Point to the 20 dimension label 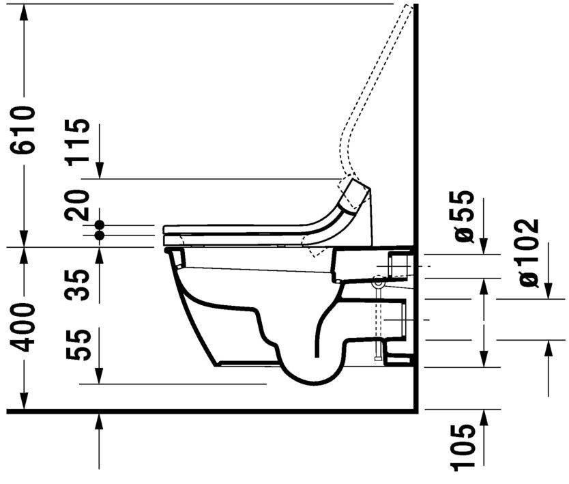click(x=80, y=205)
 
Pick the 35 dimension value click(x=80, y=285)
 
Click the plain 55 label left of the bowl click(x=80, y=345)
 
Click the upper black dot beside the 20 click(x=100, y=225)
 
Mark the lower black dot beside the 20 click(x=100, y=235)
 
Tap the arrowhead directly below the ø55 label click(x=484, y=247)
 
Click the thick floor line click(x=205, y=411)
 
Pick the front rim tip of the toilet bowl click(x=168, y=251)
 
